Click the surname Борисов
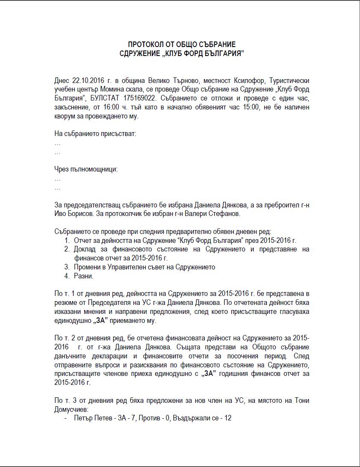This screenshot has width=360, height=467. (x=85, y=213)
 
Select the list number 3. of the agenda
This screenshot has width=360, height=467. (x=67, y=267)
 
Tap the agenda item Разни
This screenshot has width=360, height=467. (x=83, y=276)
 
